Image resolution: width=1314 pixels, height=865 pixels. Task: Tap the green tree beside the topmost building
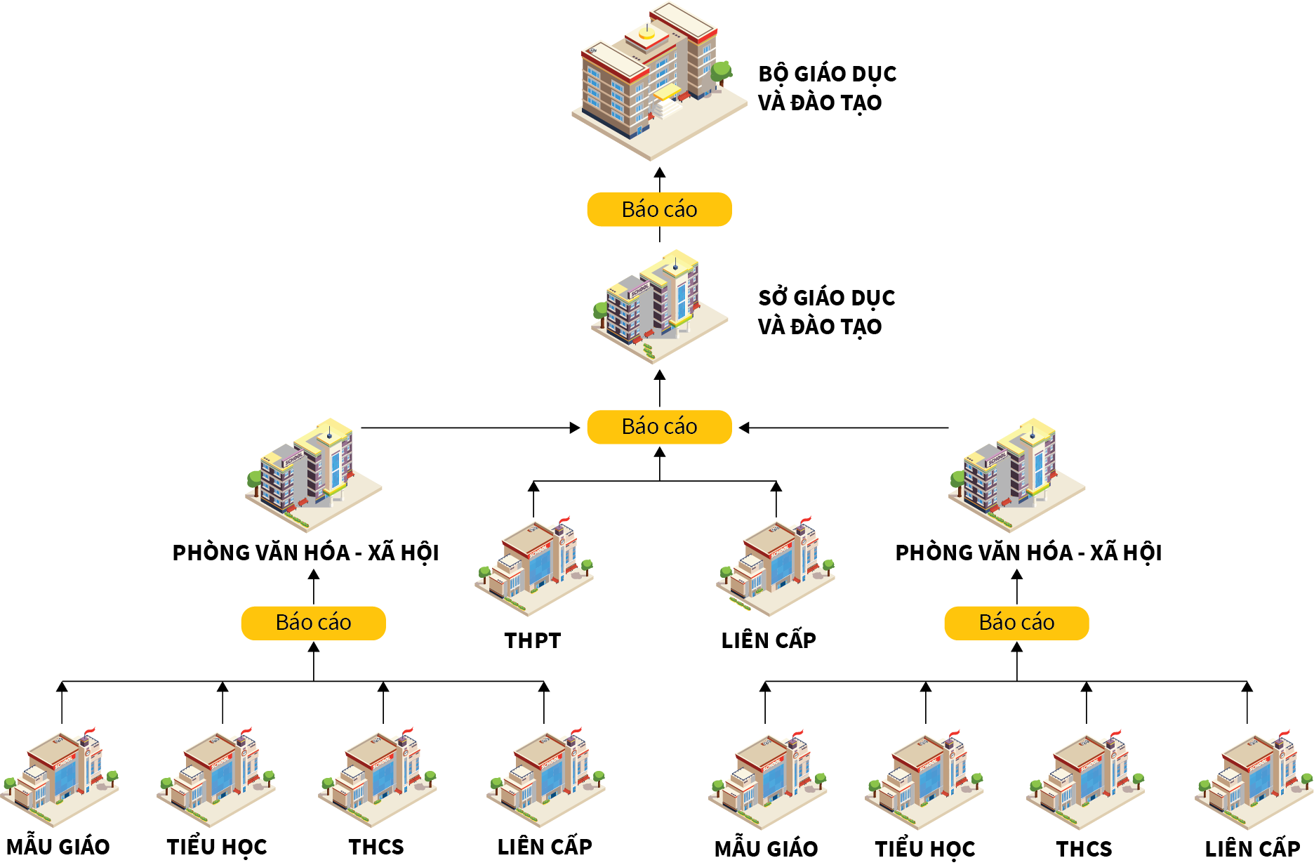(x=721, y=71)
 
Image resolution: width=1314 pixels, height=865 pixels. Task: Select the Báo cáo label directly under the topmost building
(x=659, y=209)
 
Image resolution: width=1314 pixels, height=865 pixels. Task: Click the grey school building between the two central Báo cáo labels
(x=657, y=306)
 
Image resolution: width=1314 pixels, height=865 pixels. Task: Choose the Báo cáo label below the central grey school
(x=659, y=427)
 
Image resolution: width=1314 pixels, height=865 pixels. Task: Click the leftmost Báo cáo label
(x=313, y=623)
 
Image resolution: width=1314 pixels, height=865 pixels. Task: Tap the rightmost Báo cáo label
(x=1016, y=623)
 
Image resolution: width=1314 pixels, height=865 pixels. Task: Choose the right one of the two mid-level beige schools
(x=776, y=566)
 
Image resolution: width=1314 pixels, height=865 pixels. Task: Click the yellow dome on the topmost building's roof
(x=646, y=32)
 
